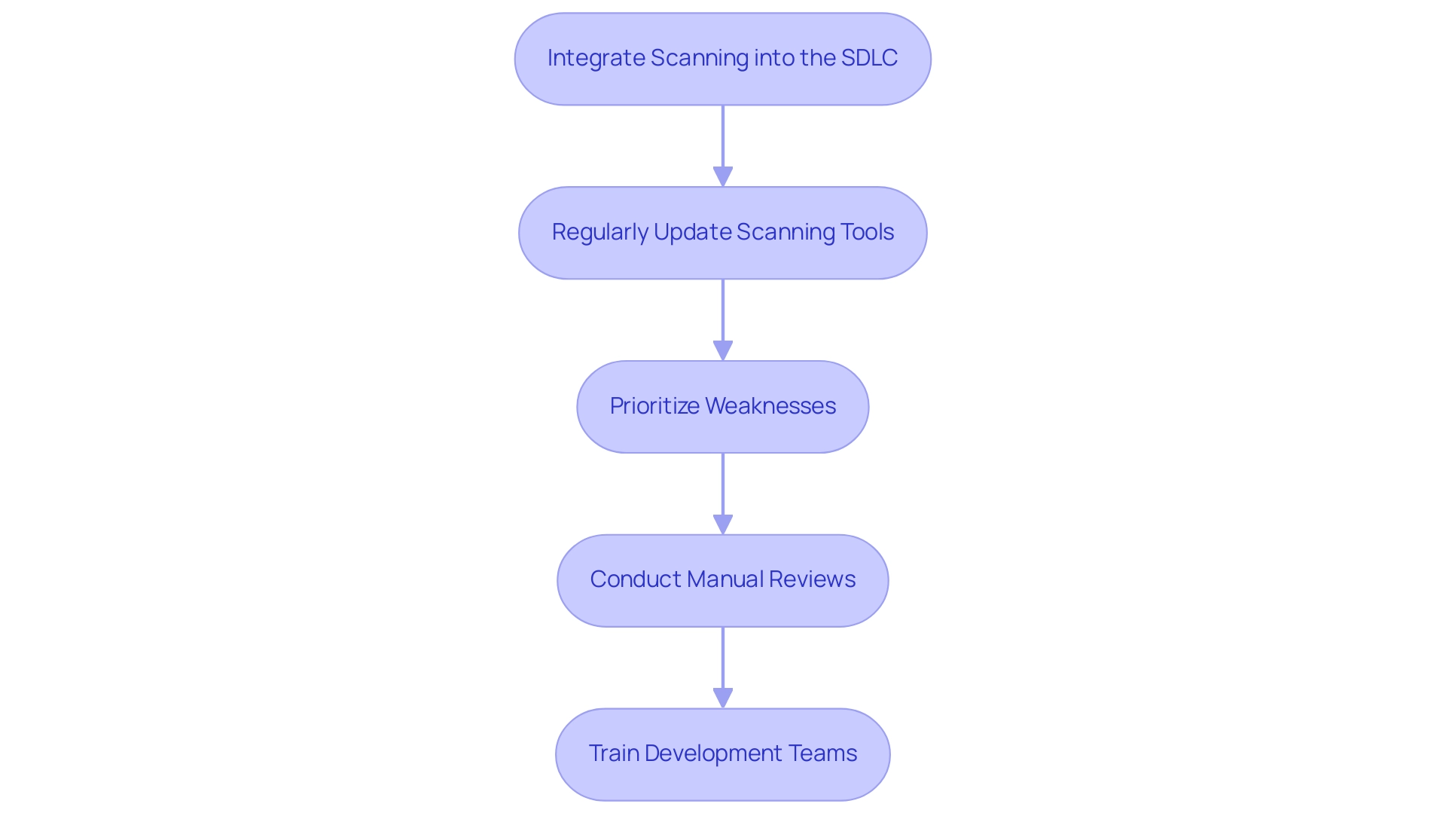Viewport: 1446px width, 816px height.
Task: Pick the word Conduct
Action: pos(635,579)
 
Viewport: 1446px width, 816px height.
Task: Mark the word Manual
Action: pos(724,579)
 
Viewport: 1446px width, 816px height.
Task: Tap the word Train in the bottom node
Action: pos(613,753)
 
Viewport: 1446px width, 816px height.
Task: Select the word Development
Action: pos(713,753)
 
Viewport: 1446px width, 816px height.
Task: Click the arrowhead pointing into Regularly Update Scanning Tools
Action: pos(723,176)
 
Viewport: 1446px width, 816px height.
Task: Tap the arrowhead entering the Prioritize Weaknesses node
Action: pos(723,350)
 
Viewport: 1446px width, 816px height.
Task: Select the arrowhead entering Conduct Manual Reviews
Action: pos(723,524)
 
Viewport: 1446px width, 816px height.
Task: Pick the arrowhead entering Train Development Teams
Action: pos(723,698)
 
